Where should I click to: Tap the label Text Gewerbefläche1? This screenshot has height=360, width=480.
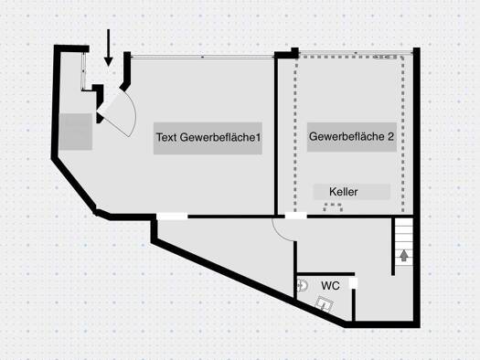(x=209, y=138)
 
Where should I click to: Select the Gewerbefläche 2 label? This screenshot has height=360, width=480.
(x=352, y=137)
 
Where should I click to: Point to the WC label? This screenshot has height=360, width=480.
(x=330, y=285)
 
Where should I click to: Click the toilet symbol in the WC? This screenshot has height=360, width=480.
(x=303, y=286)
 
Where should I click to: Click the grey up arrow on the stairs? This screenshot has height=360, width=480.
(x=402, y=256)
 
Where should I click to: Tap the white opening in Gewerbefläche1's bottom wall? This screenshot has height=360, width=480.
(x=171, y=216)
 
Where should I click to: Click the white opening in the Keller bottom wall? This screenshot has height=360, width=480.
(x=296, y=216)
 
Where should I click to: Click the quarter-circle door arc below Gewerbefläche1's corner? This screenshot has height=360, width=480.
(x=284, y=228)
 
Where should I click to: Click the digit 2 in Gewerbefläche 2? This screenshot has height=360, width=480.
(x=390, y=137)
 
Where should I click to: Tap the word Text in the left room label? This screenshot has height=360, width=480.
(x=166, y=138)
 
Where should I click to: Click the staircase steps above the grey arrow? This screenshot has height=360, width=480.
(x=402, y=232)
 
